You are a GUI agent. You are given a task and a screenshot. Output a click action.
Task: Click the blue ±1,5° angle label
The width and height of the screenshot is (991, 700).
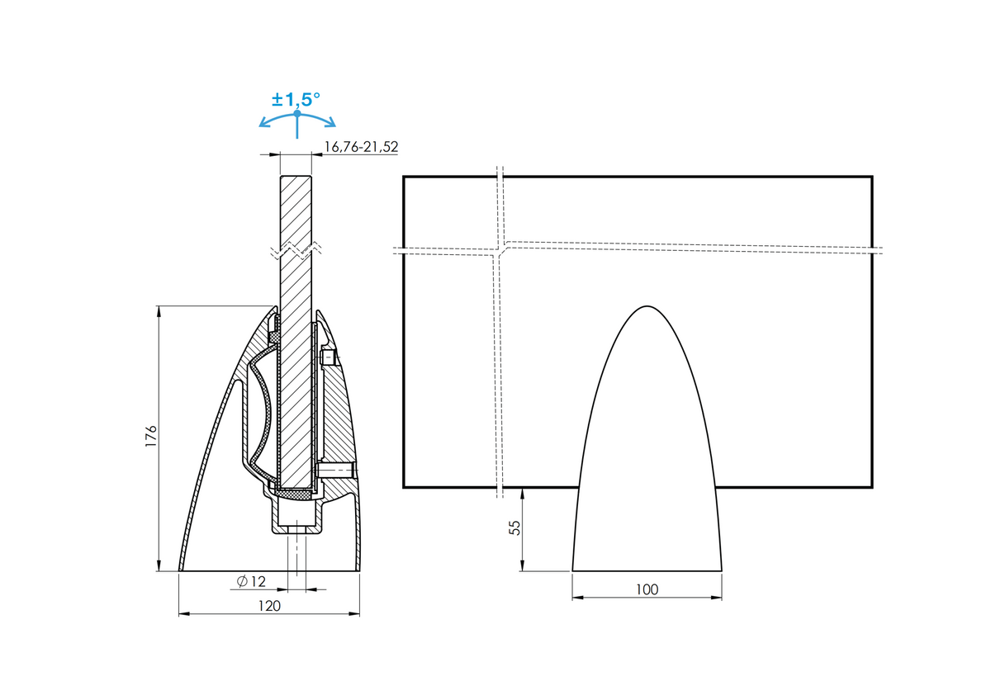[x=296, y=100]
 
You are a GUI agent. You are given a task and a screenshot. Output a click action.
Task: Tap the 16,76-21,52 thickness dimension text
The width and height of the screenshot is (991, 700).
[x=361, y=147]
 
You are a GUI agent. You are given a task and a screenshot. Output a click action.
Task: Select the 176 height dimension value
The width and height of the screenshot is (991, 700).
[x=151, y=436]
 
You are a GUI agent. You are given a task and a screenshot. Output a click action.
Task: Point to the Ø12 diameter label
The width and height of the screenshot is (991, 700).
[x=251, y=581]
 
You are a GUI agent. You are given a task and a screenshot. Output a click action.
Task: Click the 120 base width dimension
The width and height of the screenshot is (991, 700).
[x=269, y=605]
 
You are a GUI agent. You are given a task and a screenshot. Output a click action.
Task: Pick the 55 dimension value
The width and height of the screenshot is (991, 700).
[x=515, y=528]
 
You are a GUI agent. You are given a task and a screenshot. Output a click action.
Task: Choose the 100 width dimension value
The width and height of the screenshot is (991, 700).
[x=647, y=589]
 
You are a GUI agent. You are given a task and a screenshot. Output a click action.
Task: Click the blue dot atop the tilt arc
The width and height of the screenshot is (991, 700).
[x=296, y=113]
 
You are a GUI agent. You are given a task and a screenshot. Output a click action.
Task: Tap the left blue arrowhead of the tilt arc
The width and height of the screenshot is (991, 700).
[x=264, y=122]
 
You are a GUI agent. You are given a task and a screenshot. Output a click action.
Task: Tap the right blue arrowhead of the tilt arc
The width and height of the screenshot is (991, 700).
[x=330, y=122]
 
